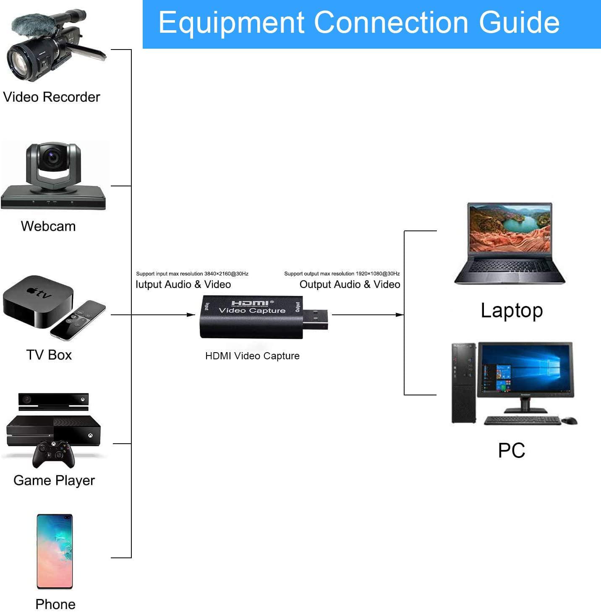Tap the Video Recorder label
tap(52, 97)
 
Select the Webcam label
tap(48, 226)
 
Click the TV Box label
tap(49, 355)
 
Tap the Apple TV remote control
tap(78, 319)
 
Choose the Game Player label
tap(54, 480)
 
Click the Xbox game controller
tap(53, 453)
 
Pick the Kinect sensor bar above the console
tap(53, 401)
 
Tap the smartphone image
tap(55, 551)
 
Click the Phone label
tap(55, 604)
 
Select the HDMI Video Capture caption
tap(252, 356)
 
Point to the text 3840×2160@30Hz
tap(226, 274)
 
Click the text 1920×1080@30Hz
tap(378, 274)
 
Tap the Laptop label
tap(512, 311)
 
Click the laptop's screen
tap(510, 228)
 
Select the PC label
tap(512, 450)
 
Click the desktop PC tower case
tap(464, 383)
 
